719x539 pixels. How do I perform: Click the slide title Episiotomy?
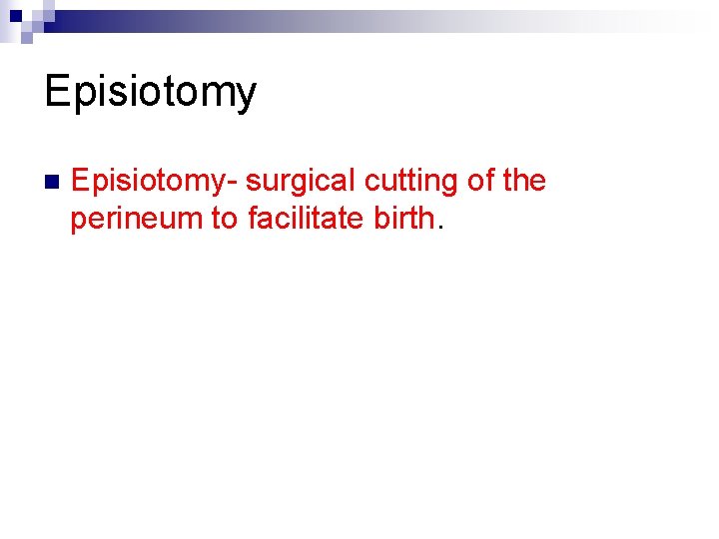(151, 93)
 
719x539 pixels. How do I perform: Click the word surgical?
(301, 181)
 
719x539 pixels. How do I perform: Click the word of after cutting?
(479, 181)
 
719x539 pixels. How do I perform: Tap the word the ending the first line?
(524, 181)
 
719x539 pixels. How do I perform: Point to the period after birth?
(439, 227)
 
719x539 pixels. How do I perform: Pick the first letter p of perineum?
(78, 221)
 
